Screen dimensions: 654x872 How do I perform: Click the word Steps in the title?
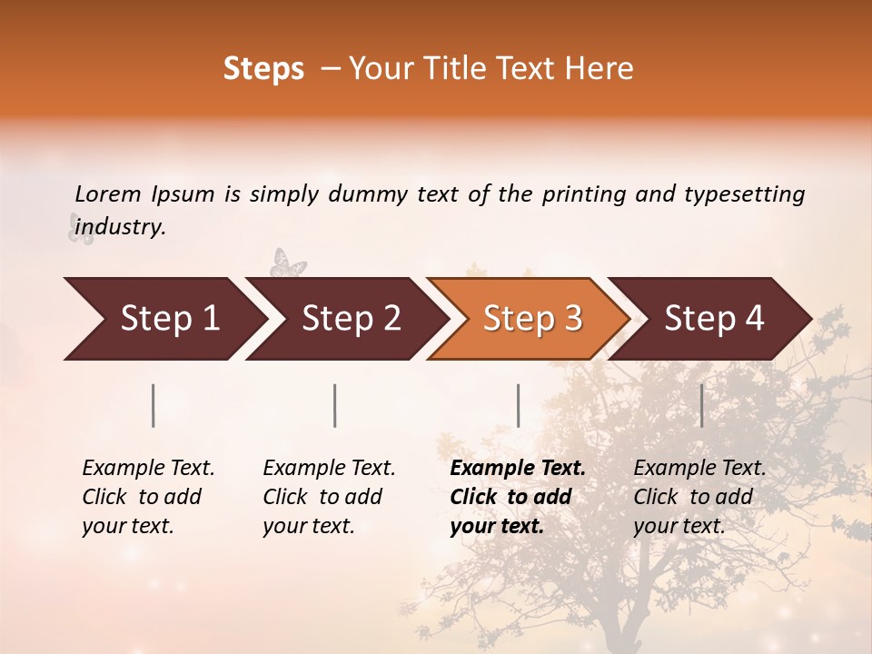[x=263, y=69]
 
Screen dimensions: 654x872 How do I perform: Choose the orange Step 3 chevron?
[x=532, y=319]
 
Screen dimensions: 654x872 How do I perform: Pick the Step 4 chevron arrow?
[x=714, y=319]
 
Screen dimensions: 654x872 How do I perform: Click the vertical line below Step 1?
[x=154, y=405]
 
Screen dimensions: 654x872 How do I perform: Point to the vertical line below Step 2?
[x=335, y=405]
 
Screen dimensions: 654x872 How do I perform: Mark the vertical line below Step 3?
[x=519, y=405]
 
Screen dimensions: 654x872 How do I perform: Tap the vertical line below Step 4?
[x=702, y=405]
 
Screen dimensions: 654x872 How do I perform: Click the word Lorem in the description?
[x=108, y=194]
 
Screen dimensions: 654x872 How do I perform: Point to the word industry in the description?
[x=120, y=227]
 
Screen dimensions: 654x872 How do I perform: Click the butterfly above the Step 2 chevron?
[x=288, y=263]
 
